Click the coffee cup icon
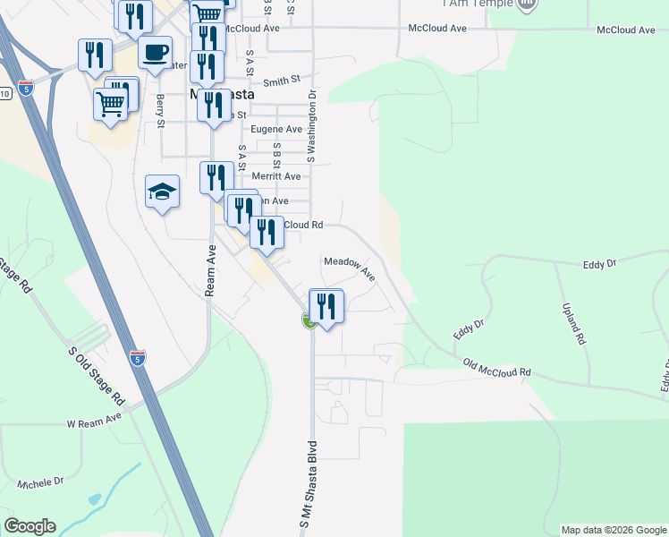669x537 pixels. [156, 52]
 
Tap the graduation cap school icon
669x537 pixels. [162, 191]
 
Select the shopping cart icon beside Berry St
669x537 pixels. [111, 103]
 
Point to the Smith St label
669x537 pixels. [281, 81]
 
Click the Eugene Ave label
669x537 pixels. [276, 129]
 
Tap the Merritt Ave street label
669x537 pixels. [275, 176]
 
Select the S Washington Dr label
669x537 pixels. [312, 124]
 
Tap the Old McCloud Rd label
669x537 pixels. [496, 366]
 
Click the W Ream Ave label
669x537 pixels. [93, 418]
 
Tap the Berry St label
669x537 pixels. [161, 111]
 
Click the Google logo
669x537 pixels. [30, 526]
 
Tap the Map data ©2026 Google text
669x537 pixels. [613, 530]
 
